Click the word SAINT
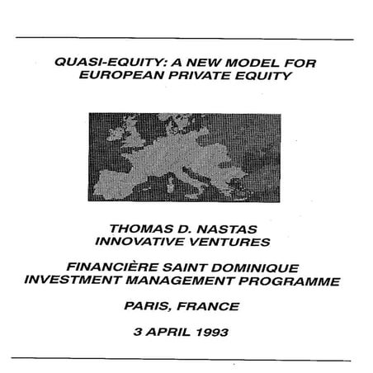coord(189,268)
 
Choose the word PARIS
coord(150,307)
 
